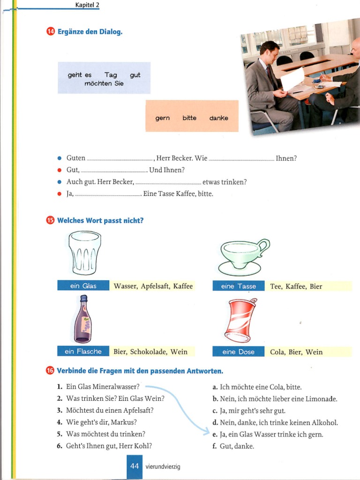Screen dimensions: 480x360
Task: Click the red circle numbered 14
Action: point(50,32)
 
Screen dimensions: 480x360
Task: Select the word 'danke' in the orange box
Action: point(219,118)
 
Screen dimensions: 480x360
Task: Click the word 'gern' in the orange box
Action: point(163,118)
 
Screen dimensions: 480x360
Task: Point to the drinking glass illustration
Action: point(84,253)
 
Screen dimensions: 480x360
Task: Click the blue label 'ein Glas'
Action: point(83,286)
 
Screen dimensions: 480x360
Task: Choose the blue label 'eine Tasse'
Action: point(239,286)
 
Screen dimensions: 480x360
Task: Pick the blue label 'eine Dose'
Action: point(239,352)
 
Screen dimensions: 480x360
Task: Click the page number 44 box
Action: point(135,467)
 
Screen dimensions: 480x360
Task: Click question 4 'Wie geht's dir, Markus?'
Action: point(101,422)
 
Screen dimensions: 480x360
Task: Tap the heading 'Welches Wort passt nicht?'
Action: point(100,220)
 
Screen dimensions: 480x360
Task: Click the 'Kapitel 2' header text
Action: point(87,5)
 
